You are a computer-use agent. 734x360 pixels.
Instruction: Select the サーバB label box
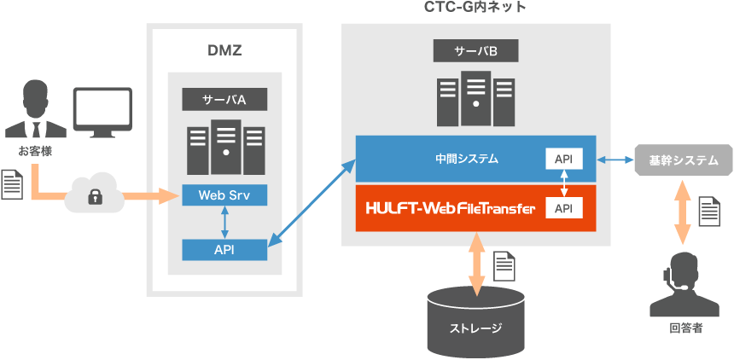475,51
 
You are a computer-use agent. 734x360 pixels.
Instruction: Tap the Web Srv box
224,195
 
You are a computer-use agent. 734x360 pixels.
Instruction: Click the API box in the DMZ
224,249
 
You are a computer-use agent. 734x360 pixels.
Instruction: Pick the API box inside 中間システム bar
563,159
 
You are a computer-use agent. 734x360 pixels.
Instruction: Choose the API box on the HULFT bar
563,208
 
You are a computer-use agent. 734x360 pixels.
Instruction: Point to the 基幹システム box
684,160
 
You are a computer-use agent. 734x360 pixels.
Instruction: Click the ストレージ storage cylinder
475,322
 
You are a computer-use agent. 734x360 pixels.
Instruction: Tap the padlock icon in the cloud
94,196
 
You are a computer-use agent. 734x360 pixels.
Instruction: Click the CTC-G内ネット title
475,8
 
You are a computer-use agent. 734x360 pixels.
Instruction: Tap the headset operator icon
683,286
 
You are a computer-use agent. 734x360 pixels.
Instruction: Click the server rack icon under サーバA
224,145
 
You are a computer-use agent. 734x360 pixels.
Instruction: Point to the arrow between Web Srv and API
224,222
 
